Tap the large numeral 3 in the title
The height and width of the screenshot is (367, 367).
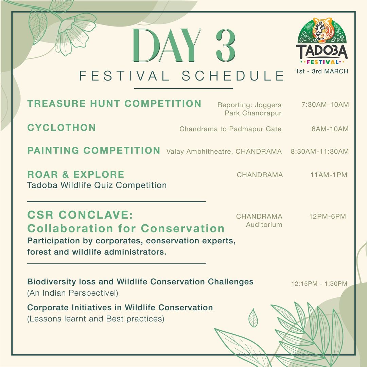tap(225, 46)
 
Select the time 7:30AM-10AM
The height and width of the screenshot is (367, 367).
tap(325, 105)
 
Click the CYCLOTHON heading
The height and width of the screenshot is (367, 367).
tap(62, 128)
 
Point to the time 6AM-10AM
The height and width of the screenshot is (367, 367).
tap(330, 129)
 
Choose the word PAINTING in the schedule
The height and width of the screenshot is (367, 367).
tap(53, 151)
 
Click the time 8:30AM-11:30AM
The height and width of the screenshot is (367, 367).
tap(320, 152)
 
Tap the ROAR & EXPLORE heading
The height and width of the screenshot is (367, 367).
tap(76, 175)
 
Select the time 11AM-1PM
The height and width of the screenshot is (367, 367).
tap(329, 175)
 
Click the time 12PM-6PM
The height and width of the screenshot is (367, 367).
tap(328, 216)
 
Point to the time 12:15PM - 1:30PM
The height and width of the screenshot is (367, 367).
tap(319, 284)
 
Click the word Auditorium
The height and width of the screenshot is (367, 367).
tap(264, 225)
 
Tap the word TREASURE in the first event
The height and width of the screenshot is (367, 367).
tap(56, 104)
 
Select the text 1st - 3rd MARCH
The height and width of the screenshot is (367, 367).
tap(322, 71)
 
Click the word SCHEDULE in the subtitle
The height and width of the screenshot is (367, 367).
tap(233, 76)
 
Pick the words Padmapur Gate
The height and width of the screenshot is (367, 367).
tap(255, 129)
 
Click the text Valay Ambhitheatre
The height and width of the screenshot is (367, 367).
tap(200, 152)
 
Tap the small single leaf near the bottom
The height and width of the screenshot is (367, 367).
tap(253, 318)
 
